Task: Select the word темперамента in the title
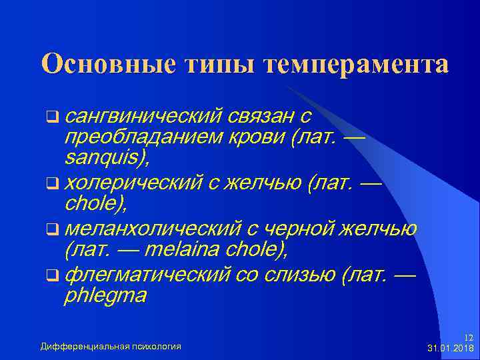tap(357, 65)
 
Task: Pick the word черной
tap(300, 229)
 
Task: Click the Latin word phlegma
tap(105, 295)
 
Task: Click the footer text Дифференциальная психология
tap(111, 346)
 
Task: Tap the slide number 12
tap(468, 338)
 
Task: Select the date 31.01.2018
tap(450, 349)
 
